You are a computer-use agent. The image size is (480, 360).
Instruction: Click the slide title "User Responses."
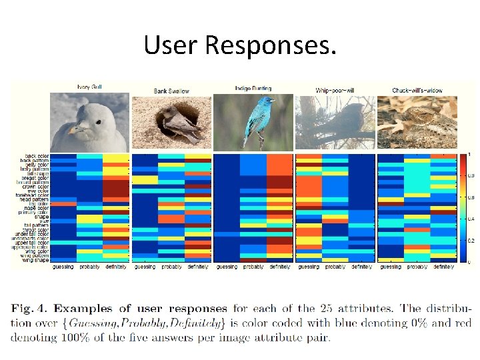click(x=240, y=45)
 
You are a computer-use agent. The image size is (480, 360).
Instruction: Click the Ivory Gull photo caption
click(x=89, y=87)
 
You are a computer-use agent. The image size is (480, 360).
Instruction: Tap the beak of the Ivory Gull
click(x=78, y=127)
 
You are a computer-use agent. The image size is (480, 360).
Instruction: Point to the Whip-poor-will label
click(x=335, y=89)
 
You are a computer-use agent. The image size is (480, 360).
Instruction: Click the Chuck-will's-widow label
click(x=418, y=89)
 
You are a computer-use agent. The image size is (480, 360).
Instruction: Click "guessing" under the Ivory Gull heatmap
click(x=63, y=267)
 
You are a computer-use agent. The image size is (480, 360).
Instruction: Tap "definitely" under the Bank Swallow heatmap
click(x=197, y=267)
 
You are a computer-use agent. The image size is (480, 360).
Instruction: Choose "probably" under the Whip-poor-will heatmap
click(x=335, y=267)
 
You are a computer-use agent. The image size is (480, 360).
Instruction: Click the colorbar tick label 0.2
click(x=469, y=240)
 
